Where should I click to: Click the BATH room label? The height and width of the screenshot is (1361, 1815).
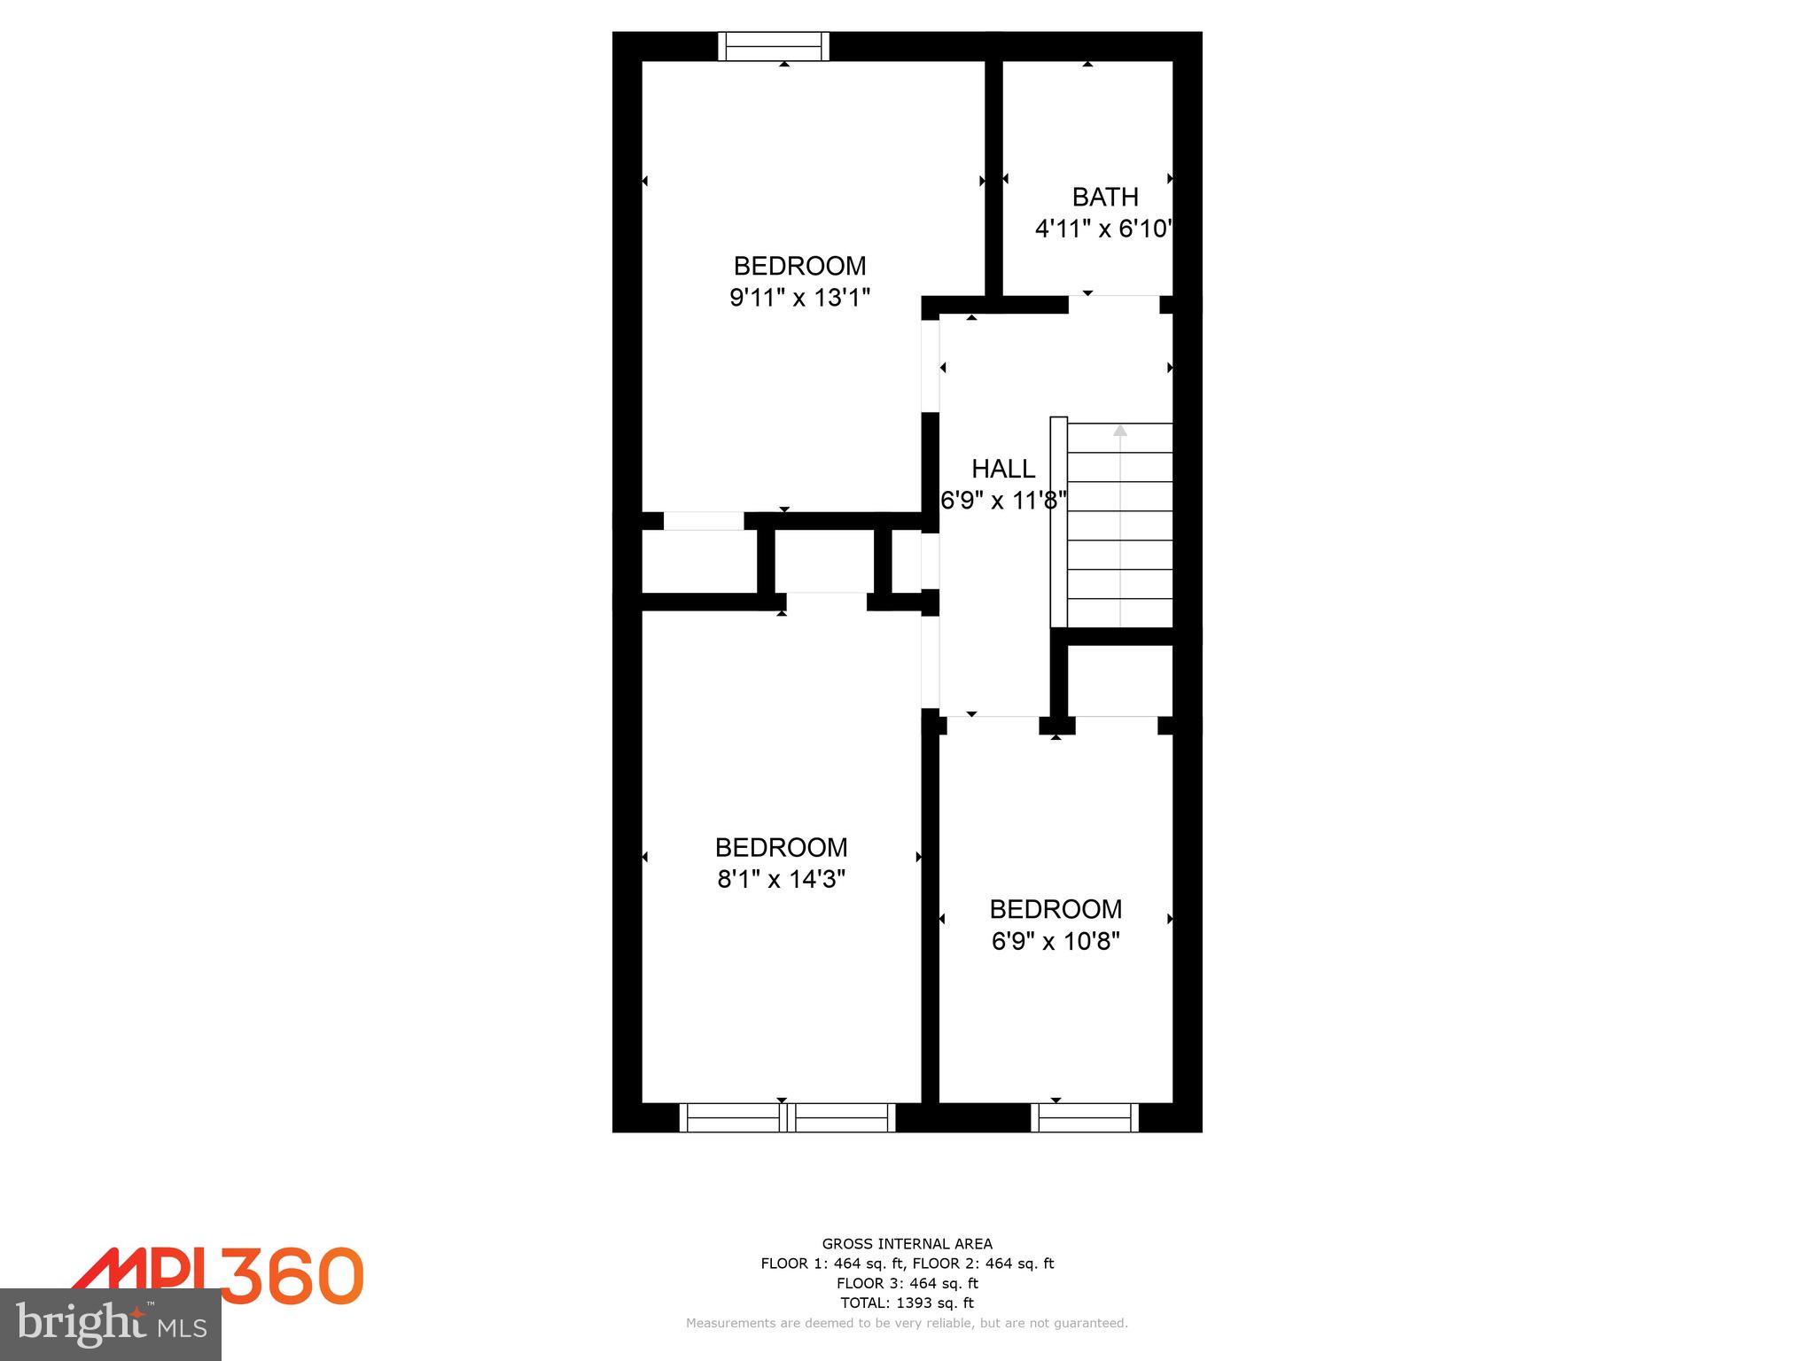1104,197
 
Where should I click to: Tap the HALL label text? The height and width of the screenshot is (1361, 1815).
1003,469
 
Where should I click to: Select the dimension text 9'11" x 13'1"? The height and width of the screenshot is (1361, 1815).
799,298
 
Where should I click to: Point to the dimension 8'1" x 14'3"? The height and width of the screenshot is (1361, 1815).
781,879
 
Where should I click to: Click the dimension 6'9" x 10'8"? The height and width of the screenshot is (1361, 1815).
1056,941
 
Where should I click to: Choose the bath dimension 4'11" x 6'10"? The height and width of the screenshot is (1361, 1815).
1104,229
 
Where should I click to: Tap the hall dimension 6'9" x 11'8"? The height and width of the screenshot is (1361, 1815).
1003,501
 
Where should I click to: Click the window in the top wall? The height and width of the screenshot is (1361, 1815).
774,46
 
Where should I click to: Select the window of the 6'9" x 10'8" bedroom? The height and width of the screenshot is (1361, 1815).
1085,1117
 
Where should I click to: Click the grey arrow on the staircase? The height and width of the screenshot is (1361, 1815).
1120,431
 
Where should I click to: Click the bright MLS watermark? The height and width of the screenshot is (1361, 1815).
111,1325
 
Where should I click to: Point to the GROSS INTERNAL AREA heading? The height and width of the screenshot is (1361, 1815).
907,1244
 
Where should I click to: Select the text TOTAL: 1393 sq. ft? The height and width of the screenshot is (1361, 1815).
907,1303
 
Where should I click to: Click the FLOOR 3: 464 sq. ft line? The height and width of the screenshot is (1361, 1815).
907,1283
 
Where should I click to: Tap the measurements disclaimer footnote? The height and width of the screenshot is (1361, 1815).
907,1323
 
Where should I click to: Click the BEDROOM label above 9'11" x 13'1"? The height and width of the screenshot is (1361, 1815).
799,266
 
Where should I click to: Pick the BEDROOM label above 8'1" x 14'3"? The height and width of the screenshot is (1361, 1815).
781,848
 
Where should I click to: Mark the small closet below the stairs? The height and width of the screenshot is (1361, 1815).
1120,680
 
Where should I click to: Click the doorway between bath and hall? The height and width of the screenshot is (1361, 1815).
1114,304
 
